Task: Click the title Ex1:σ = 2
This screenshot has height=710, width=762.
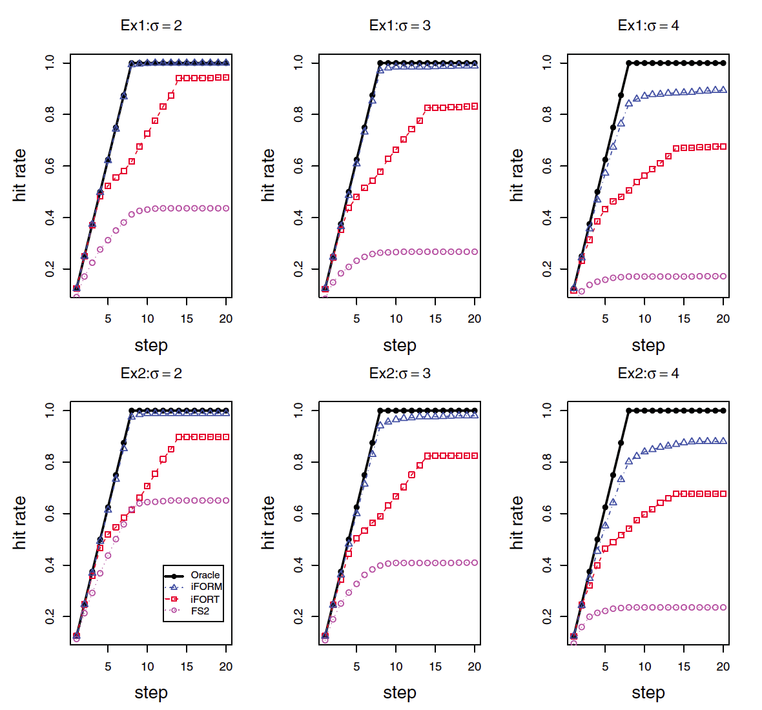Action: click(151, 26)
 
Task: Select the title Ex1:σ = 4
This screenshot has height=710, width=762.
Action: click(648, 26)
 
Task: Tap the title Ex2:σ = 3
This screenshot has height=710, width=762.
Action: click(400, 374)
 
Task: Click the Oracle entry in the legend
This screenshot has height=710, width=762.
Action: click(205, 575)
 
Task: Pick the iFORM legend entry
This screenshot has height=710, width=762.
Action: click(206, 587)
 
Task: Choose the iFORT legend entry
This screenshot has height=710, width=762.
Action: click(205, 599)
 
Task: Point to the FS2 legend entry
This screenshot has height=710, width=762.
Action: click(200, 611)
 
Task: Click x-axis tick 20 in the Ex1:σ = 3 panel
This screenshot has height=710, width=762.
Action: click(475, 319)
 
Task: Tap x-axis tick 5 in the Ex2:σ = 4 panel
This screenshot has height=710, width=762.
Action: click(605, 667)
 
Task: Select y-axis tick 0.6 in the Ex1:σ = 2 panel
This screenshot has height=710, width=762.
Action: click(50, 166)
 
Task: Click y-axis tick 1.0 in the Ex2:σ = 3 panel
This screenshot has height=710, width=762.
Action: click(298, 411)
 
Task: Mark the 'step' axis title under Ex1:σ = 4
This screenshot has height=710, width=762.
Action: click(648, 345)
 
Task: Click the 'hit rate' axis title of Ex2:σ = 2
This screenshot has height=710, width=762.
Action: click(20, 523)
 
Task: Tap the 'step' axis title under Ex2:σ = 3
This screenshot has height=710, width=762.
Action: click(400, 693)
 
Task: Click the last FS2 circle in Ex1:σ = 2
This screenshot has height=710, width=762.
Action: click(226, 208)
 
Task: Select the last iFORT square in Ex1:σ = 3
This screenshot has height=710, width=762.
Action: click(475, 106)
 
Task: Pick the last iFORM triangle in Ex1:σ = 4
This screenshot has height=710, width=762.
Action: click(723, 90)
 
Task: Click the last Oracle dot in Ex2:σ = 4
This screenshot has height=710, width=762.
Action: click(723, 411)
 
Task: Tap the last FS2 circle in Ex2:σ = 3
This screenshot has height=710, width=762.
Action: click(475, 563)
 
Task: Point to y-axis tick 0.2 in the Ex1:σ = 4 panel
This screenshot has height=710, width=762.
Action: click(547, 269)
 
